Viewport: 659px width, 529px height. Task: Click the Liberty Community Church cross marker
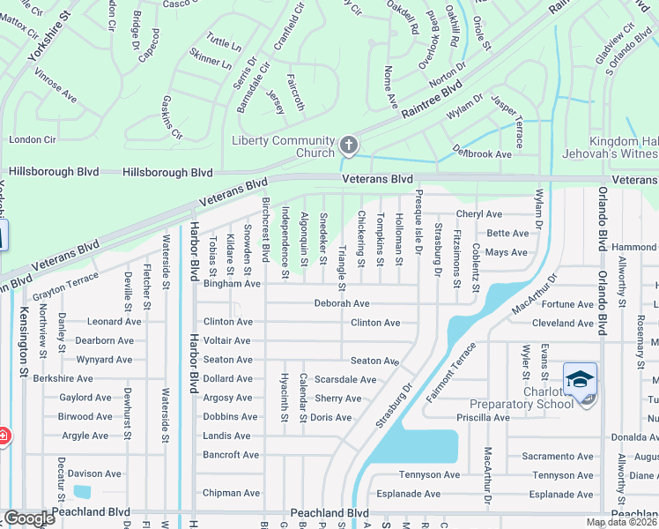click(349, 145)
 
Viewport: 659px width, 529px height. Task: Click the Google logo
click(29, 518)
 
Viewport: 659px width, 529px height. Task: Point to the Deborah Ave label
click(342, 303)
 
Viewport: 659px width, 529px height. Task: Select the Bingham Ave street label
click(232, 284)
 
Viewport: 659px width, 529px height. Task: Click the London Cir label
click(33, 139)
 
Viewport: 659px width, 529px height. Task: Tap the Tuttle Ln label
click(224, 44)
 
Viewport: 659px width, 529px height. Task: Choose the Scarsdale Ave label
click(345, 380)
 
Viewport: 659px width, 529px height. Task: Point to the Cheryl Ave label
click(478, 214)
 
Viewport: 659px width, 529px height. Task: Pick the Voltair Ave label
click(227, 340)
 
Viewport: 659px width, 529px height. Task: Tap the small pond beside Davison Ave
click(82, 491)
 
